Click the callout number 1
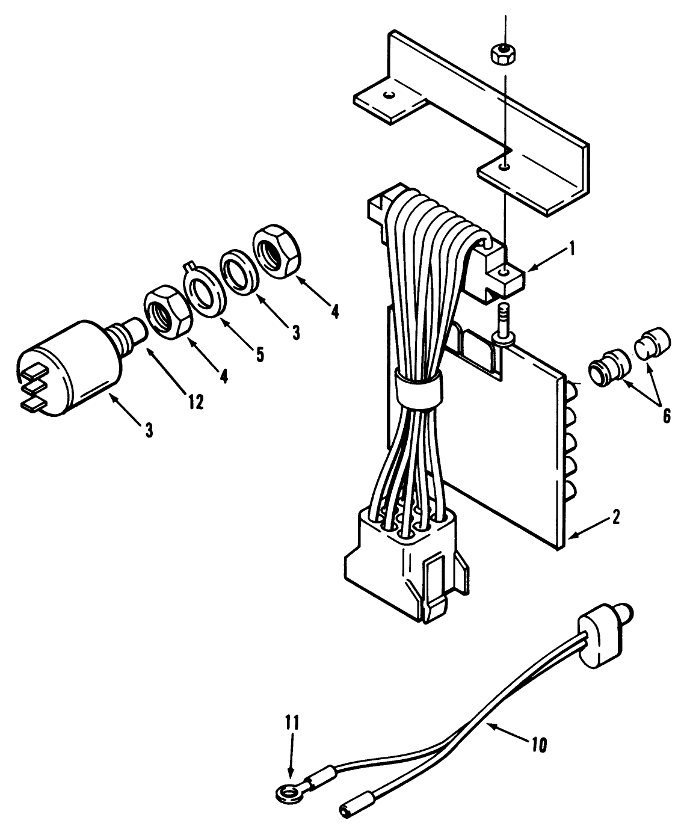click(x=572, y=248)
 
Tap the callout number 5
click(x=259, y=354)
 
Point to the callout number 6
click(x=666, y=415)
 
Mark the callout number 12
click(x=194, y=401)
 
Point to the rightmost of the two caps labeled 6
click(x=652, y=342)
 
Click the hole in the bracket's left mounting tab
click(x=390, y=94)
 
